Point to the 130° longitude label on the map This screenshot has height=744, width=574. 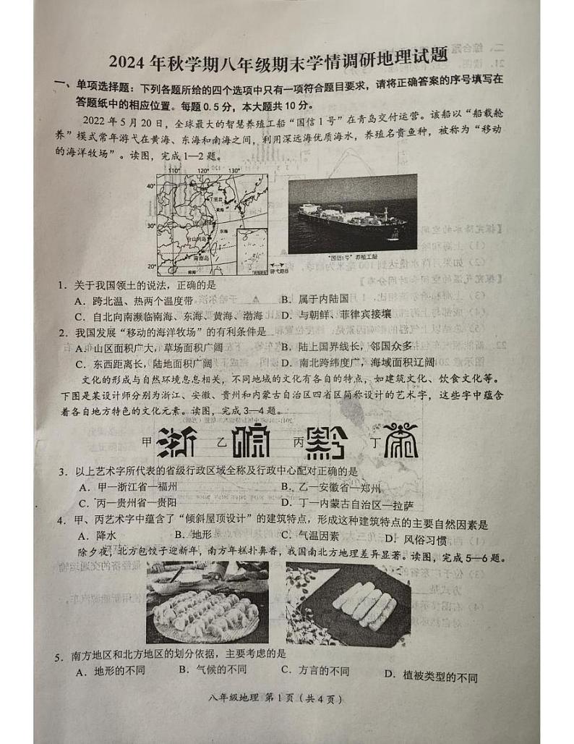233,171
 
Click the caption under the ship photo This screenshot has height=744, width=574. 343,257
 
